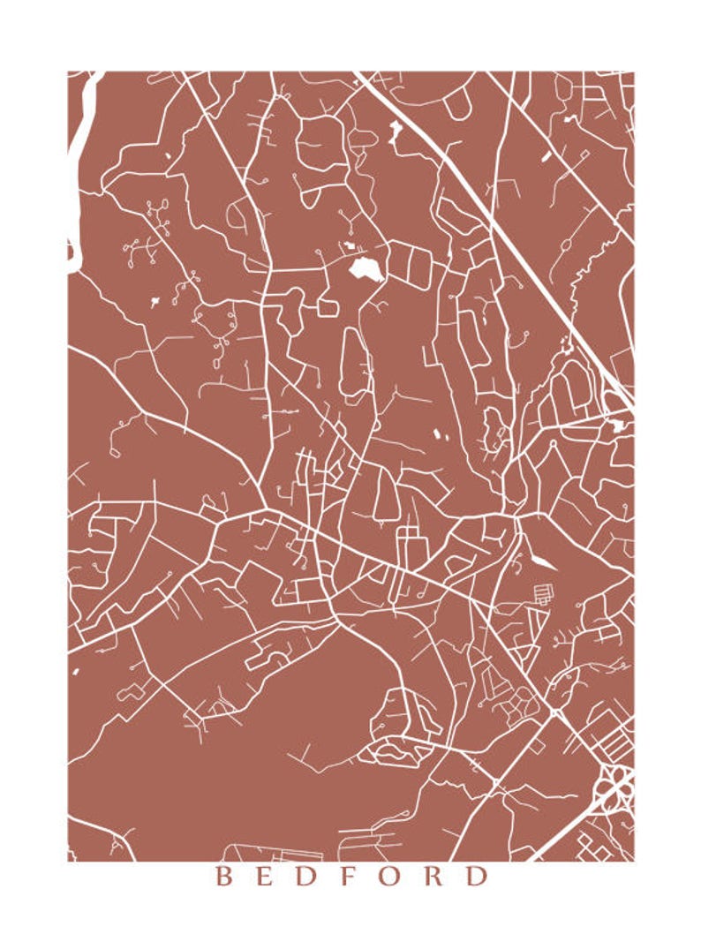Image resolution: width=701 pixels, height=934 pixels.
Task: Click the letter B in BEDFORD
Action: click(x=224, y=877)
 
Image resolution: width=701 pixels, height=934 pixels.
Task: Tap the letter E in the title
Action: click(x=266, y=877)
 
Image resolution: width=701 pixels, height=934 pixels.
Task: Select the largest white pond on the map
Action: click(x=364, y=268)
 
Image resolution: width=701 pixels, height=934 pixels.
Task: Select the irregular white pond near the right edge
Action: click(x=617, y=426)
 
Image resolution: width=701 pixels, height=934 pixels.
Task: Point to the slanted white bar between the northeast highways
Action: click(x=545, y=156)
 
